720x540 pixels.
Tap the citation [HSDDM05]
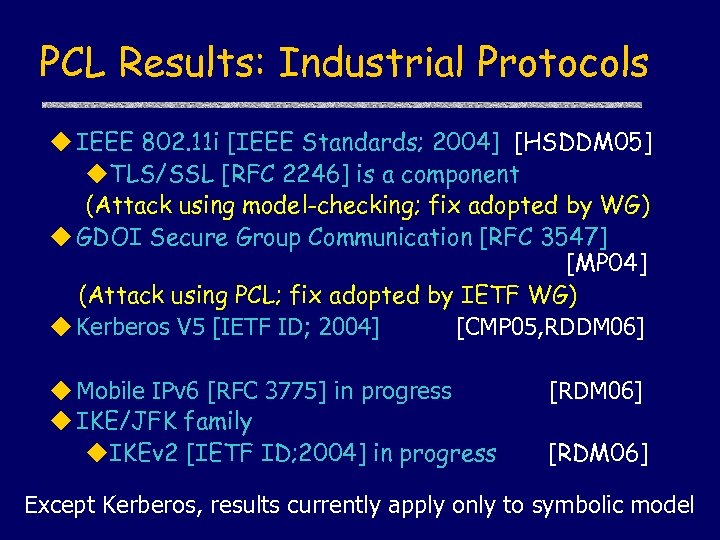(584, 143)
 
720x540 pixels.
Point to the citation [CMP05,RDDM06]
(550, 327)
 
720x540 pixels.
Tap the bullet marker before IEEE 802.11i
(63, 143)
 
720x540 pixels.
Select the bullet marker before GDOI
(63, 237)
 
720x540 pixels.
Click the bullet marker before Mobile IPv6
(63, 391)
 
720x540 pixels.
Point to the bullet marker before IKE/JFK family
(63, 422)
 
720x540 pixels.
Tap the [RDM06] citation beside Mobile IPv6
(595, 391)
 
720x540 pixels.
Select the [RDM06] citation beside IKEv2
(598, 454)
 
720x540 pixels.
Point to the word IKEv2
(144, 454)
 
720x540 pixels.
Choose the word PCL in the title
(74, 63)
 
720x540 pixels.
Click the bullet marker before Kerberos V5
(63, 327)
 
